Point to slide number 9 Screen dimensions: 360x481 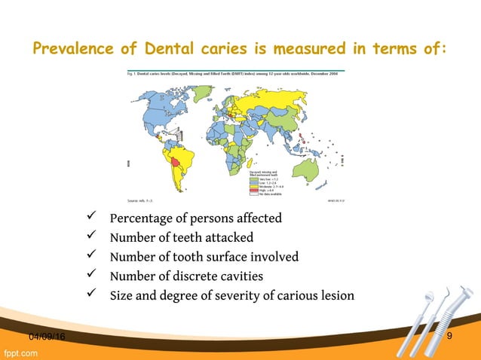point(449,336)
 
